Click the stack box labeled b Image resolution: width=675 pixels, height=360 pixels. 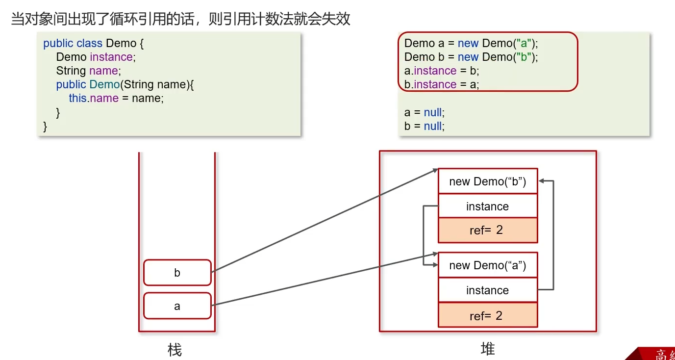177,273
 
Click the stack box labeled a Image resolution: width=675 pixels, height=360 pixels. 177,306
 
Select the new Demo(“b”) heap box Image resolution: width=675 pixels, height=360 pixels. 487,181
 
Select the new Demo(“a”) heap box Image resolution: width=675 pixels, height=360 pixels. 487,265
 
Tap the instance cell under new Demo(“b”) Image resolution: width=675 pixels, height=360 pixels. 487,206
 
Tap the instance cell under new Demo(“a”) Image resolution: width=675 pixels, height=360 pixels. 487,290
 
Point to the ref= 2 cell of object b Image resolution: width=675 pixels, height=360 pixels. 487,230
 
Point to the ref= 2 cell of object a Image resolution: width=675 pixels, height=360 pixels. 487,315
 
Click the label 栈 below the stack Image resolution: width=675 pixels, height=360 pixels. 175,350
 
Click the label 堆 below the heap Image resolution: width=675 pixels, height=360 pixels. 488,349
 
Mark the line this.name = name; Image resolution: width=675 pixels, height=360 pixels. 116,98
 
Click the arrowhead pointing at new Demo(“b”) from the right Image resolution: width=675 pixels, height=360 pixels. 542,181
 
